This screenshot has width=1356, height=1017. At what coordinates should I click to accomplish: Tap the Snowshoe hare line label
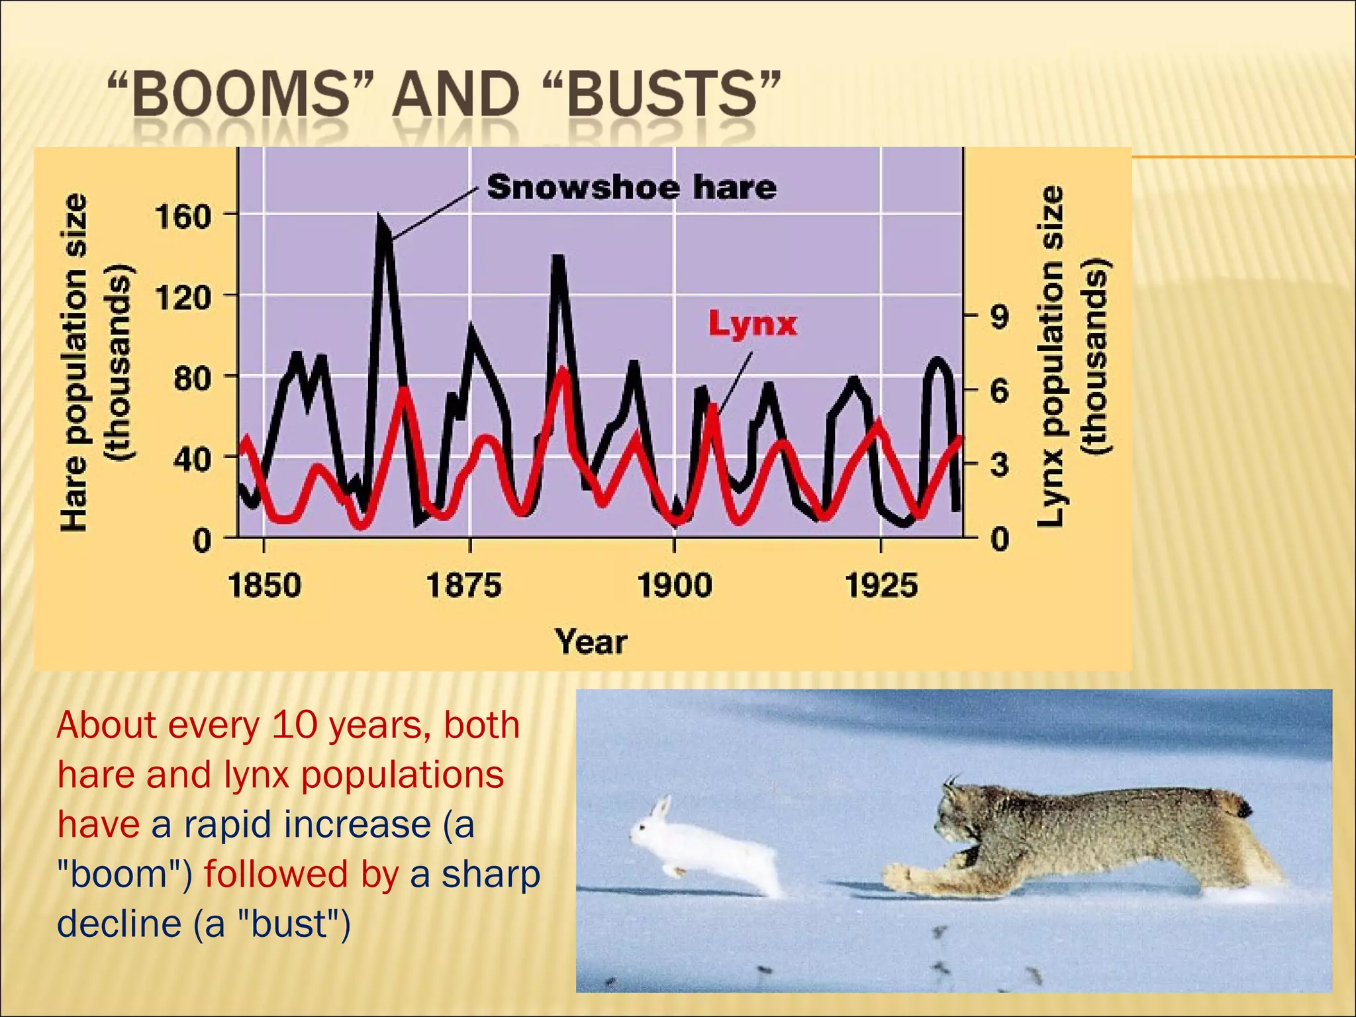[632, 187]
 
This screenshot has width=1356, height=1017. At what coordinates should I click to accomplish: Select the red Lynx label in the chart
[752, 324]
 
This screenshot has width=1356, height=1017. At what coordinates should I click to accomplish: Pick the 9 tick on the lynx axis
[999, 317]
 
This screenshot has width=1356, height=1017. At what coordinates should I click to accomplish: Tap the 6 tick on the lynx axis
[999, 392]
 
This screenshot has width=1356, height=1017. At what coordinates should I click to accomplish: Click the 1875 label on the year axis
[463, 586]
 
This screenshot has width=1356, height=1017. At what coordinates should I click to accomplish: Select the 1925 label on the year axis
[881, 586]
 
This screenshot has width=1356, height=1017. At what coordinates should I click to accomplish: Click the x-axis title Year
[591, 642]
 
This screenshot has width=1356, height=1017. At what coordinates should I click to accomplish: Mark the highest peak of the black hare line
[380, 217]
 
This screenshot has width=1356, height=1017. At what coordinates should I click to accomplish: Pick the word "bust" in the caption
[290, 924]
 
